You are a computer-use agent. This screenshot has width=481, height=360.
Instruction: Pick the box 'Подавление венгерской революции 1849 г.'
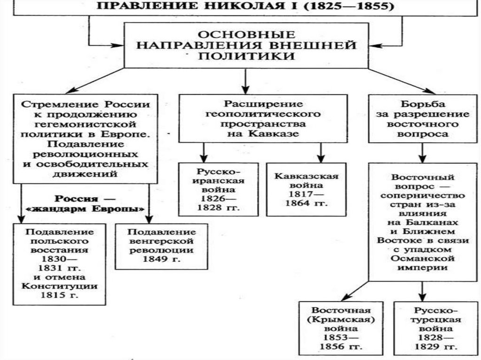(162, 245)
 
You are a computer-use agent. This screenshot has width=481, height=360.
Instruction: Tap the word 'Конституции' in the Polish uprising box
(60, 286)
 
